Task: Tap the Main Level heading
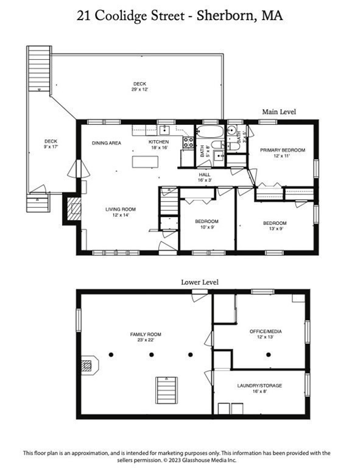pyautogui.click(x=279, y=112)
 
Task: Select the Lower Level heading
pyautogui.click(x=200, y=282)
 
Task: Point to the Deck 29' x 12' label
pyautogui.click(x=140, y=87)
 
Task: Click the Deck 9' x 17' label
pyautogui.click(x=51, y=144)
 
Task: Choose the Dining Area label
pyautogui.click(x=106, y=143)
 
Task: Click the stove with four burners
pyautogui.click(x=188, y=143)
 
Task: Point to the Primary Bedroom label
pyautogui.click(x=283, y=152)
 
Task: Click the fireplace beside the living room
pyautogui.click(x=73, y=210)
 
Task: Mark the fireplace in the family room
pyautogui.click(x=88, y=366)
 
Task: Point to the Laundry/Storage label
pyautogui.click(x=259, y=389)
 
